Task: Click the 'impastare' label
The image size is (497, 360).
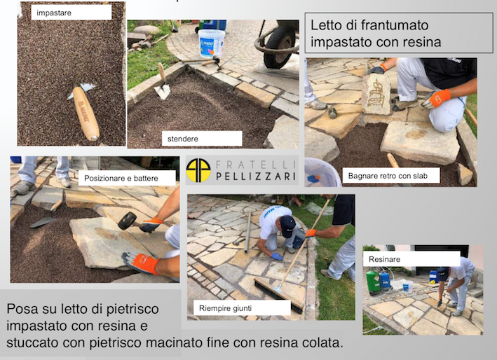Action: point(54,13)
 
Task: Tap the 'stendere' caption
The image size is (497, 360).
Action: point(182,139)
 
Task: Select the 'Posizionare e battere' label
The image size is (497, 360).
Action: point(121,179)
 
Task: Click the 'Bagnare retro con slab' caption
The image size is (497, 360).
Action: point(388,176)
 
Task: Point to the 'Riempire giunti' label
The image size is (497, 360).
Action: point(225,308)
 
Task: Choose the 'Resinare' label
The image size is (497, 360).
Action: point(384,259)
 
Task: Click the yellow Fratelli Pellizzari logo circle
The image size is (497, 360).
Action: point(198,170)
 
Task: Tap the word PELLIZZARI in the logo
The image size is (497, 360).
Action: point(256,176)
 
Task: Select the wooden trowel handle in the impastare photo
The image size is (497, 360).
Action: point(86,113)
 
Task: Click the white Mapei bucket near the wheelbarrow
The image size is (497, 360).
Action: point(212,43)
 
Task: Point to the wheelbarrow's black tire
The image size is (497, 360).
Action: point(280,47)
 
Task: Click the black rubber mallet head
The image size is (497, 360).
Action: point(127,221)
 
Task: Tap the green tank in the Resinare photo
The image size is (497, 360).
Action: point(373,282)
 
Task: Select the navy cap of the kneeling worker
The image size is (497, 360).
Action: point(287,226)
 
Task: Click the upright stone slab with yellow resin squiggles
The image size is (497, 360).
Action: point(376,94)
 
